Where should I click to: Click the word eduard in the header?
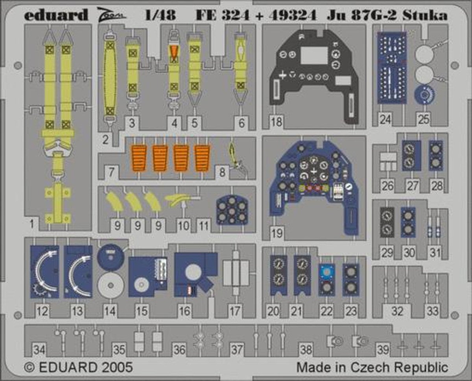tap(56, 15)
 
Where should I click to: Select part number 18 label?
tap(277, 122)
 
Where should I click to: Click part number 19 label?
tap(277, 233)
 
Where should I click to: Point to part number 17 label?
tap(235, 311)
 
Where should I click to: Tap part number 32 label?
tap(397, 311)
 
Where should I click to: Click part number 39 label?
tap(383, 349)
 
